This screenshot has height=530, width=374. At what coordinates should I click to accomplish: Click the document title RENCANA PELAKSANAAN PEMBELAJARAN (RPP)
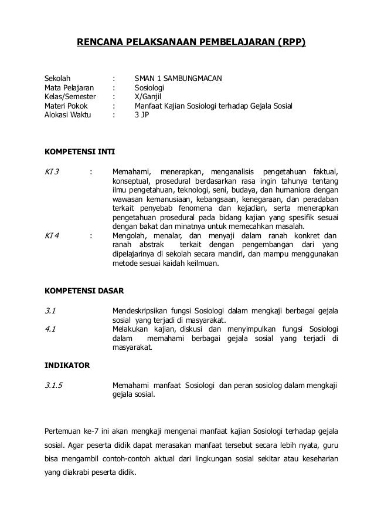tap(192, 43)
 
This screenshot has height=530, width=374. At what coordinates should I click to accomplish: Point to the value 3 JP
tap(142, 116)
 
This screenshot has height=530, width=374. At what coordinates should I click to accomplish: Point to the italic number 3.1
tap(51, 310)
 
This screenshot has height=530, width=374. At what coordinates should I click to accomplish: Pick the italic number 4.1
tap(51, 329)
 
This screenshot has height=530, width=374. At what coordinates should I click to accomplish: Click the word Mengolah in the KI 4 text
tap(130, 237)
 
